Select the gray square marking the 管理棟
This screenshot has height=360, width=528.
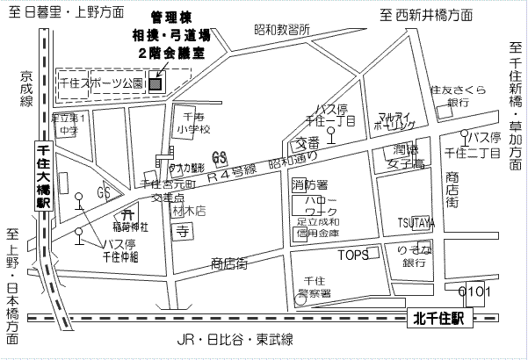click(156, 84)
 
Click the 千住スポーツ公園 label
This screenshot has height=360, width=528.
click(101, 83)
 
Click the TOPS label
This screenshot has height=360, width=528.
click(356, 256)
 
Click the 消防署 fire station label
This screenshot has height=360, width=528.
click(309, 185)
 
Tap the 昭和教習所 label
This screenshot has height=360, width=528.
click(282, 29)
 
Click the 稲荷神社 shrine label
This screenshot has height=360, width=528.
click(131, 226)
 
